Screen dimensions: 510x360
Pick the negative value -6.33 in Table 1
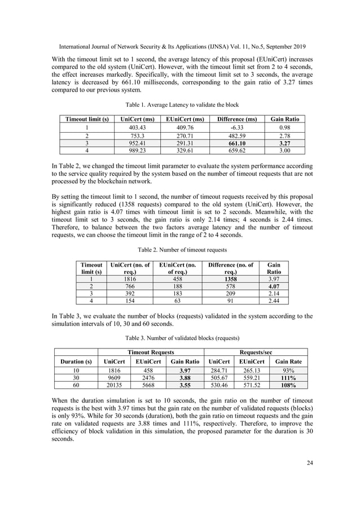coord(232,127)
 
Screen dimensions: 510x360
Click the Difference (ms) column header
coord(232,119)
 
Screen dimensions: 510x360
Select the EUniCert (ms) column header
coord(184,119)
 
